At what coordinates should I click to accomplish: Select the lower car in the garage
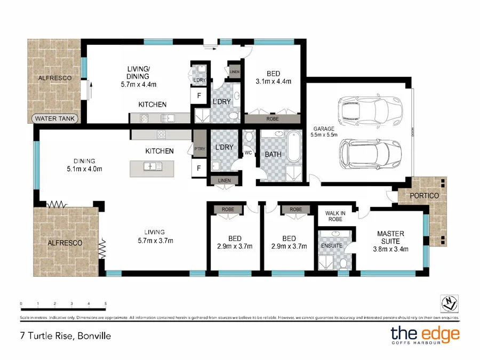point(369,154)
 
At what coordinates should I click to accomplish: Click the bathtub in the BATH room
point(293,146)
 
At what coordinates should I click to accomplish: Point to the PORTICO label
point(425,196)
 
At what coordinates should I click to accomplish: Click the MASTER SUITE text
point(390,237)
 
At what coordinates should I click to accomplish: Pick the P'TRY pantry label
point(199,149)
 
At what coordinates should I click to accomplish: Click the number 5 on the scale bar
point(106,303)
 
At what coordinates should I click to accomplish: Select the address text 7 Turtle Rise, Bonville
point(61,337)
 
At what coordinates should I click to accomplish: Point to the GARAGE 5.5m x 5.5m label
point(324,132)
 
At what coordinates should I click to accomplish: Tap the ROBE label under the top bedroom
point(272,119)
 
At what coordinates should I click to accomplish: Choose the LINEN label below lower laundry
point(224,181)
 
